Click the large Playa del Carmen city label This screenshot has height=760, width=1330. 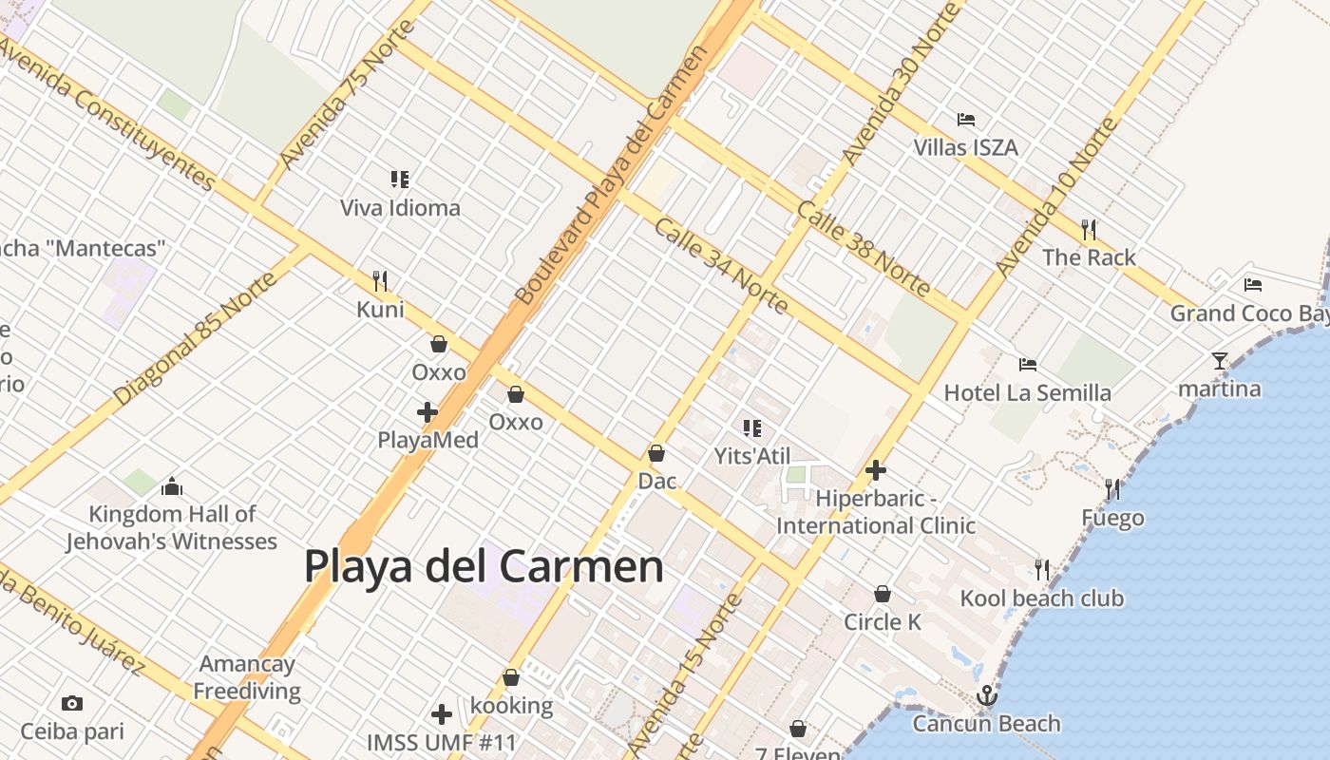[x=484, y=566]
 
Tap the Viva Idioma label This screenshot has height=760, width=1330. [x=400, y=208]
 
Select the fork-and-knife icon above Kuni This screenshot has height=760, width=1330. [x=380, y=280]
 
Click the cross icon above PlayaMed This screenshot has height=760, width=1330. [x=427, y=412]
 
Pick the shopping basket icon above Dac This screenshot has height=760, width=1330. [x=655, y=453]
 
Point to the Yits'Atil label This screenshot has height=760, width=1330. [x=752, y=456]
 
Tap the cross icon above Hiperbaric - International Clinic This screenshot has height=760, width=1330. [x=876, y=469]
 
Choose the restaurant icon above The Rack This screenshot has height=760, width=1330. [x=1089, y=229]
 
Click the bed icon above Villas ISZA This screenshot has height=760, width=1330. [x=966, y=120]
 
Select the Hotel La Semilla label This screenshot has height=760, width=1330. [x=1027, y=393]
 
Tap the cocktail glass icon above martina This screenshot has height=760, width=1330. [x=1220, y=361]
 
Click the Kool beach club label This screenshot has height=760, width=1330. [x=1041, y=598]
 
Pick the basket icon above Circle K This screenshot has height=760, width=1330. [x=883, y=594]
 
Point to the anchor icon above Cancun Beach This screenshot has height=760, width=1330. [x=986, y=695]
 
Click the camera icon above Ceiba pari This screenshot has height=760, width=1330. [x=71, y=704]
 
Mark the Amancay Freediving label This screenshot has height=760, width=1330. [x=247, y=677]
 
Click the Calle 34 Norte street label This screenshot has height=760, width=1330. [x=722, y=266]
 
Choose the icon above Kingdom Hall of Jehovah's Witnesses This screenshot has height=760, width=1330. [x=172, y=486]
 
